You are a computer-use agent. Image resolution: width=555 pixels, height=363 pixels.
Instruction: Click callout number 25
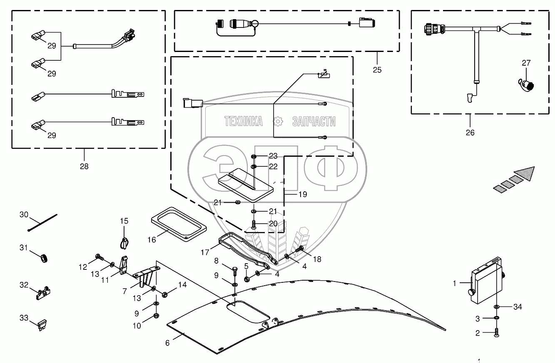tap(377, 69)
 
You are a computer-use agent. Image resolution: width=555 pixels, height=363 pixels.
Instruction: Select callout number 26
tap(470, 133)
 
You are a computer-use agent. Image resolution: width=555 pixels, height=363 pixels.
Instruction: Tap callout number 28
tap(84, 166)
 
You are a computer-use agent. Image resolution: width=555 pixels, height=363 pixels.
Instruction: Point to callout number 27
tap(526, 63)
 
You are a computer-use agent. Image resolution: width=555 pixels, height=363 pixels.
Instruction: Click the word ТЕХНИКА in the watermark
tap(244, 121)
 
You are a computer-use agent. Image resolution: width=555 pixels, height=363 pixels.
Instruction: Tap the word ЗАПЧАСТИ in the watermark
tap(314, 121)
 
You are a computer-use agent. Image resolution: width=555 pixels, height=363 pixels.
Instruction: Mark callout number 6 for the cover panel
tap(167, 343)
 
